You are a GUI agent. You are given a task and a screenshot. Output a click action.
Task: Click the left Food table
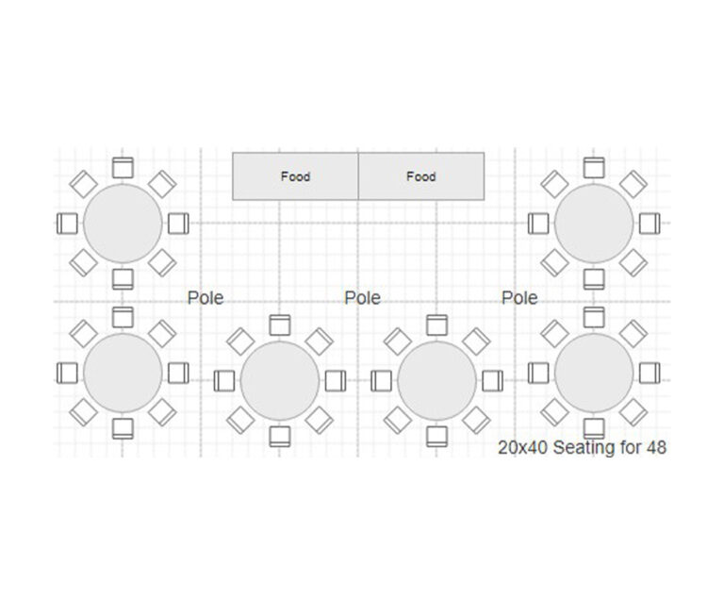pyautogui.click(x=295, y=176)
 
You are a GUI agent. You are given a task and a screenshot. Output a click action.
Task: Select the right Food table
pyautogui.click(x=421, y=176)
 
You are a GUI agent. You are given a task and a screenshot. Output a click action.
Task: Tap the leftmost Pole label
pyautogui.click(x=206, y=298)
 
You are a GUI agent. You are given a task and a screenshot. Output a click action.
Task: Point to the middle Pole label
pyautogui.click(x=362, y=298)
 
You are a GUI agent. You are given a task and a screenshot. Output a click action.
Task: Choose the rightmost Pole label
pyautogui.click(x=519, y=298)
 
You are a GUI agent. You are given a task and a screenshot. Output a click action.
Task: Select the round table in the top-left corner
pyautogui.click(x=123, y=224)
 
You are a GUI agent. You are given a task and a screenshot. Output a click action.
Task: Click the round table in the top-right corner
pyautogui.click(x=594, y=224)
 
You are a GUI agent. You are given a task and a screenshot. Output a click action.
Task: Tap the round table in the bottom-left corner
pyautogui.click(x=123, y=373)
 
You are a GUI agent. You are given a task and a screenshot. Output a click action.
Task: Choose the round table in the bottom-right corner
pyautogui.click(x=594, y=373)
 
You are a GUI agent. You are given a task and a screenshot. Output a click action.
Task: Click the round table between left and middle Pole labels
pyautogui.click(x=280, y=381)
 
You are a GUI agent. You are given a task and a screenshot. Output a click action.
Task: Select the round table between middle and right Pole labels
pyautogui.click(x=436, y=381)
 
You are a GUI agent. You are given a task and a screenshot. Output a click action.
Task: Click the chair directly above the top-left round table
pyautogui.click(x=123, y=167)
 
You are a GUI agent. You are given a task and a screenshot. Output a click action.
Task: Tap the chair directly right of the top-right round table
pyautogui.click(x=650, y=224)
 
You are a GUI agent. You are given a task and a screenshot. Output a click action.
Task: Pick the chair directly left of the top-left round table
pyautogui.click(x=67, y=224)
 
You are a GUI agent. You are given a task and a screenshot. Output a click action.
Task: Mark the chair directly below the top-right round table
pyautogui.click(x=594, y=279)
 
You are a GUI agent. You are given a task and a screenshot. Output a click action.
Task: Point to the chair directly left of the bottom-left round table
pyautogui.click(x=67, y=373)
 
